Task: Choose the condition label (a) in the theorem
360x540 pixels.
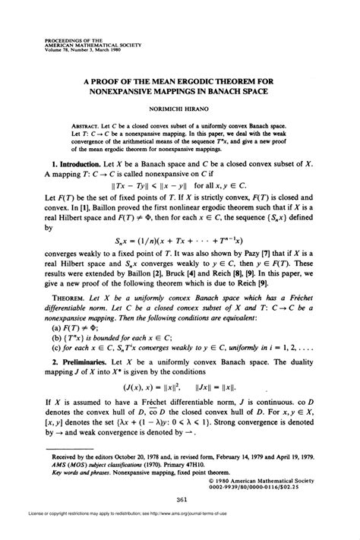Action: [x=55, y=329]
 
